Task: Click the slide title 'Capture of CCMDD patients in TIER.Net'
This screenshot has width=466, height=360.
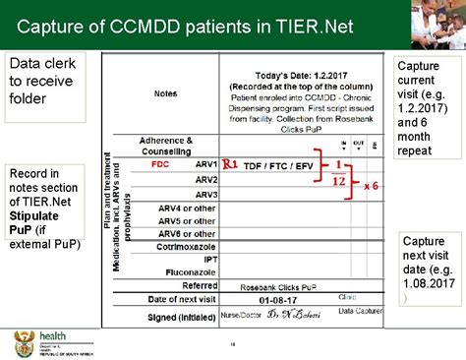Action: click(171, 25)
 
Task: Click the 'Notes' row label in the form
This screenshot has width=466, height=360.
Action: click(166, 95)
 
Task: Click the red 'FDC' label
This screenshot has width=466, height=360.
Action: click(160, 164)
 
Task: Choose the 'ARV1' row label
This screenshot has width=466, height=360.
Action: click(205, 164)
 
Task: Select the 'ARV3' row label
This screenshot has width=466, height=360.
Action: click(205, 195)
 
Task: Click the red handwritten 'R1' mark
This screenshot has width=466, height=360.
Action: click(230, 164)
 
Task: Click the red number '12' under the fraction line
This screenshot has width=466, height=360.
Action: click(337, 182)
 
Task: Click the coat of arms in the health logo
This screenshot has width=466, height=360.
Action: click(22, 344)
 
